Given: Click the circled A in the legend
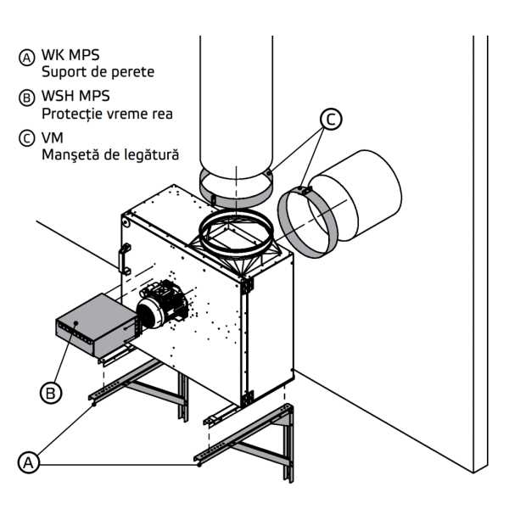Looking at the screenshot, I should (27, 57).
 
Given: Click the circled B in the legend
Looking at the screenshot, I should (27, 98).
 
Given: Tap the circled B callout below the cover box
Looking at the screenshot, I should (52, 393).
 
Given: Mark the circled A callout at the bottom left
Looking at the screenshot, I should (30, 463).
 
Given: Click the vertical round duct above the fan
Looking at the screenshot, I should (235, 102).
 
